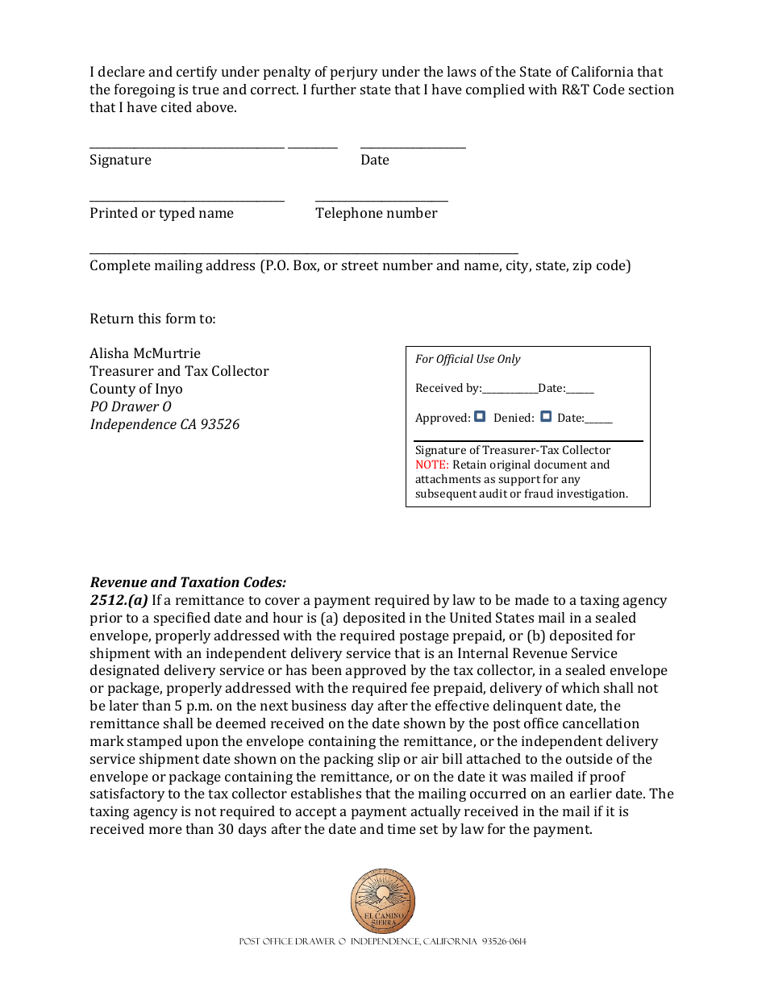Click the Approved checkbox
pyautogui.click(x=480, y=417)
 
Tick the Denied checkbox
pyautogui.click(x=546, y=417)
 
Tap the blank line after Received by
pyautogui.click(x=510, y=392)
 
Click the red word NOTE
pyautogui.click(x=431, y=465)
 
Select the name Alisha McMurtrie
pyautogui.click(x=145, y=353)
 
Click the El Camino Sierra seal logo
pyautogui.click(x=383, y=901)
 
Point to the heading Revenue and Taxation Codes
pyautogui.click(x=188, y=582)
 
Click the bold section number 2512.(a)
pyautogui.click(x=119, y=600)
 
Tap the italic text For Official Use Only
pyautogui.click(x=468, y=359)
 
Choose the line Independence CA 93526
pyautogui.click(x=164, y=424)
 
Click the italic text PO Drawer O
pyautogui.click(x=131, y=406)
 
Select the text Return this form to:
pyautogui.click(x=152, y=319)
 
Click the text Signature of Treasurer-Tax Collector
pyautogui.click(x=513, y=450)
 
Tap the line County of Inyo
pyautogui.click(x=136, y=389)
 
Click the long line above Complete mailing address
pyautogui.click(x=303, y=253)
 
